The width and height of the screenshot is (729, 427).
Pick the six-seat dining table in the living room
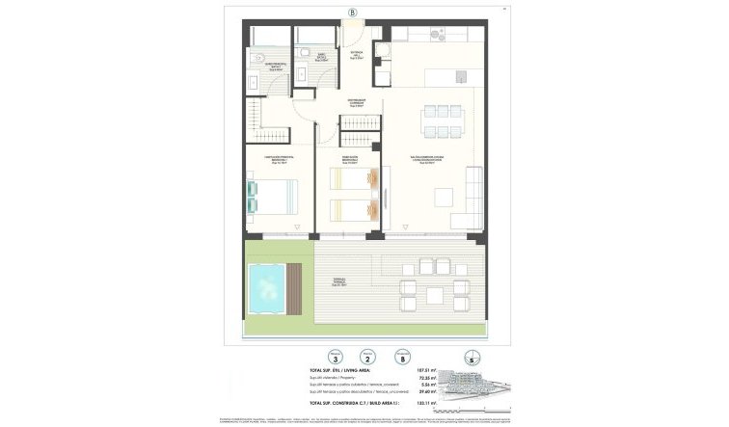pyautogui.click(x=442, y=123)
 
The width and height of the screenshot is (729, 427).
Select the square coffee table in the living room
pyautogui.click(x=440, y=196)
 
